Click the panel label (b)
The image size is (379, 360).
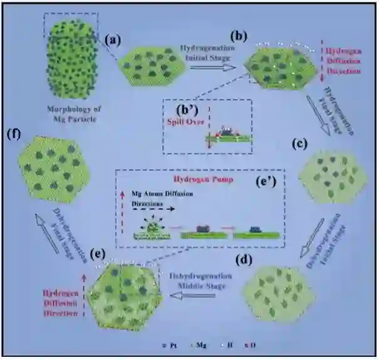[x=238, y=36]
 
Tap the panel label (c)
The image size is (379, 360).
[x=300, y=143]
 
